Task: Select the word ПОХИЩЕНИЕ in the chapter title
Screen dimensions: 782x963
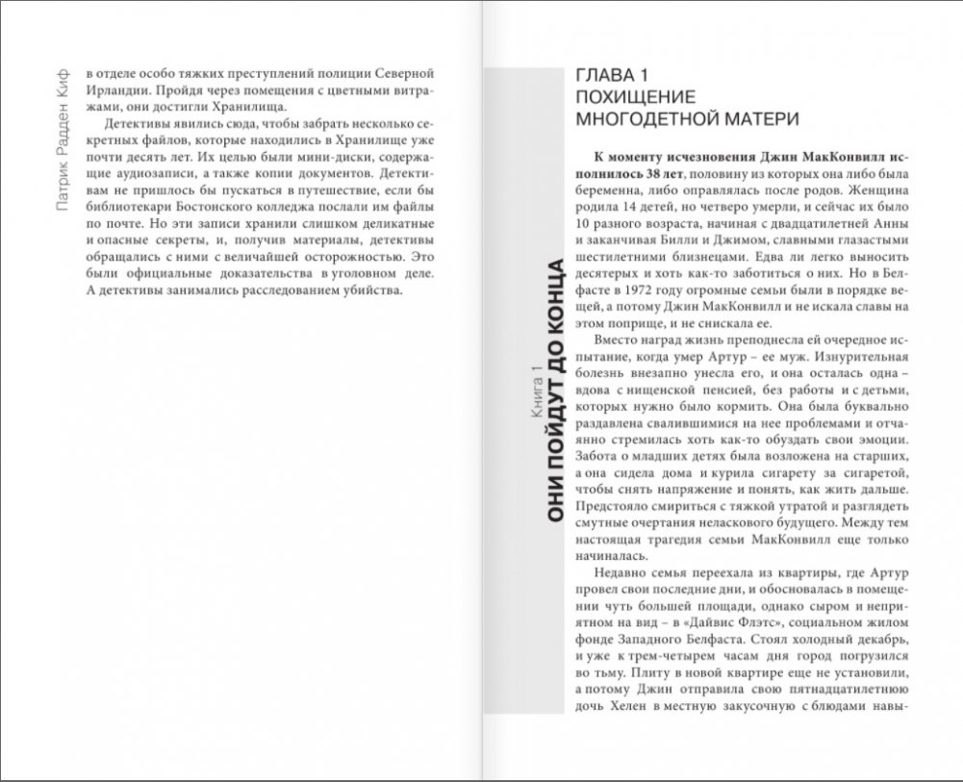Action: pos(634,97)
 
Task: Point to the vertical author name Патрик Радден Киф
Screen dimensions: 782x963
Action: pos(63,139)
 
